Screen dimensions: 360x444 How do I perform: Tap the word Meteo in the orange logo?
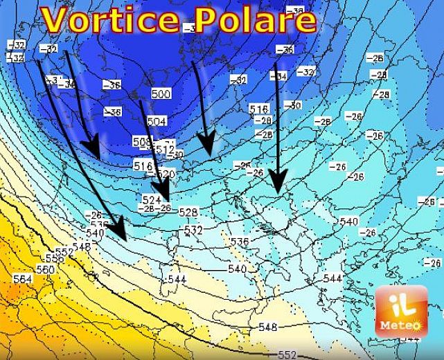click(401, 323)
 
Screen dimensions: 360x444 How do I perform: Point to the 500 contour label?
click(161, 94)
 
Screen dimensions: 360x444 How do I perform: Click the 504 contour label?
click(157, 121)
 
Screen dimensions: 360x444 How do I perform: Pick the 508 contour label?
click(141, 142)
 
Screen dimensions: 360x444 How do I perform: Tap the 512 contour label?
click(166, 149)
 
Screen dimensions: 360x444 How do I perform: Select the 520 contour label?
click(166, 174)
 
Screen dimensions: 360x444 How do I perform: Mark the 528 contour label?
click(188, 211)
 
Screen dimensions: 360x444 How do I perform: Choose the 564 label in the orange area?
click(22, 278)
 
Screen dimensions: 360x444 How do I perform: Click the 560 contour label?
click(45, 269)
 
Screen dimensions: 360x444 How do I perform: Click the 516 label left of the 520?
click(143, 165)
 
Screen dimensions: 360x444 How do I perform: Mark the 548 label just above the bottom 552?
click(267, 327)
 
